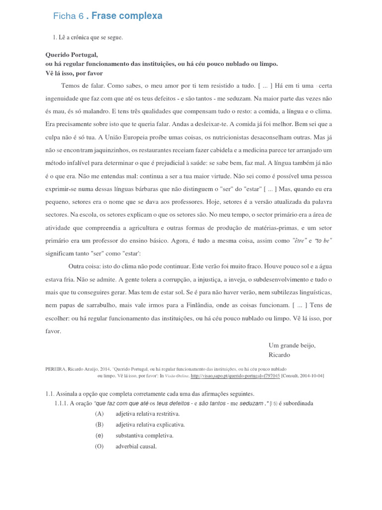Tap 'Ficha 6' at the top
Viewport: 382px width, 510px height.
[68, 16]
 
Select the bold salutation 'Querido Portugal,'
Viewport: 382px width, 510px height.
[72, 55]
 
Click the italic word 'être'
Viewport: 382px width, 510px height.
[299, 241]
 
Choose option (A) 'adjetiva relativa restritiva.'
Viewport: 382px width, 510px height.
[147, 414]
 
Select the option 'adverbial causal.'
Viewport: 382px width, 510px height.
[136, 446]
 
